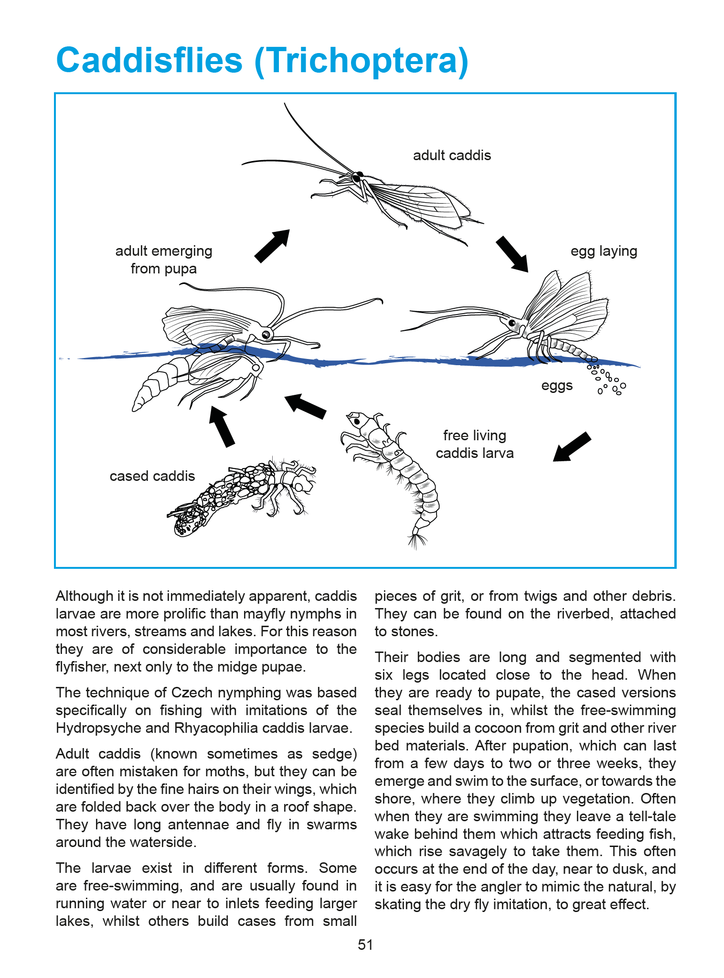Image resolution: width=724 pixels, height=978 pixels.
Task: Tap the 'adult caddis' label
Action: [452, 155]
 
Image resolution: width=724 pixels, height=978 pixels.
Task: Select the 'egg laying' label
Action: [604, 251]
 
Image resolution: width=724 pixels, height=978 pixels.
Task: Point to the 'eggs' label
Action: [557, 386]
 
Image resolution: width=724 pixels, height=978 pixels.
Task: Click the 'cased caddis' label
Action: [152, 476]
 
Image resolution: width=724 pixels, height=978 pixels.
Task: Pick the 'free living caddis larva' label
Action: [475, 444]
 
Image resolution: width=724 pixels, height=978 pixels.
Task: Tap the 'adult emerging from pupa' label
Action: [164, 260]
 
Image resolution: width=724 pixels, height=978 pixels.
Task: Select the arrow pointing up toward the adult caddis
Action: [272, 246]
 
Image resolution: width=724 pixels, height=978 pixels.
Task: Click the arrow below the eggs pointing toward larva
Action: [572, 446]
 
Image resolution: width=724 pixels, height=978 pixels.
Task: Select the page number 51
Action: [365, 945]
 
